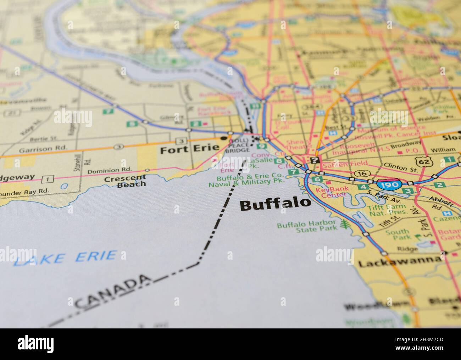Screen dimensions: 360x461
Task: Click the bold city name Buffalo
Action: (275, 205)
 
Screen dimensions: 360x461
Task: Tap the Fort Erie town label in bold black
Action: (189, 150)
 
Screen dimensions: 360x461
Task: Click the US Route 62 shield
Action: (424, 161)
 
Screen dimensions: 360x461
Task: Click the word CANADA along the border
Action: (112, 292)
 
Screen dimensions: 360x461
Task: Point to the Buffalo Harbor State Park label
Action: (307, 226)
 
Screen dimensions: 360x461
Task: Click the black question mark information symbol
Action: (314, 160)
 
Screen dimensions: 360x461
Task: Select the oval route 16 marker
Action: (362, 173)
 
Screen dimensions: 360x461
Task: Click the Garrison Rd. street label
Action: (35, 149)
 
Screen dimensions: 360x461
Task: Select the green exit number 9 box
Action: (261, 146)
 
